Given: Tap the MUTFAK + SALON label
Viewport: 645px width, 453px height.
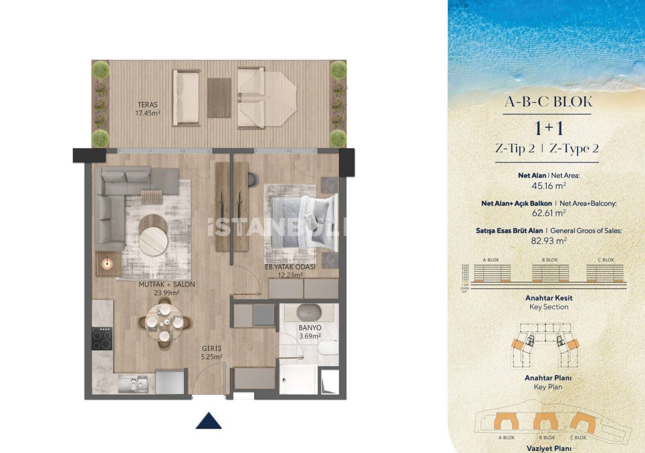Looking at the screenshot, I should coord(159,288).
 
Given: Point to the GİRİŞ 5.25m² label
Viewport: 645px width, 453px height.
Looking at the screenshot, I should coord(212,352).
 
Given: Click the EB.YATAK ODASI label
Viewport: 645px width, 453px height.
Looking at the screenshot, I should coord(290,271).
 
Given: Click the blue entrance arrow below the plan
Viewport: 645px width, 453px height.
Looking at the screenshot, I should coord(209,420).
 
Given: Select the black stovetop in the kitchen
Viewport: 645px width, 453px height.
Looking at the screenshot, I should coord(102,338).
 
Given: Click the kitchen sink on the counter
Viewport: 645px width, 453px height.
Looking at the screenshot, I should coord(133,384).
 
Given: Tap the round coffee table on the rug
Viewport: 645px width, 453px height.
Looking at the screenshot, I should coord(153,241).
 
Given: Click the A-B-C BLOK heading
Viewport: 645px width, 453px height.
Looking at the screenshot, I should coord(548,101).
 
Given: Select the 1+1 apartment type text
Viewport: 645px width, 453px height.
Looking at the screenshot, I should coord(549,128).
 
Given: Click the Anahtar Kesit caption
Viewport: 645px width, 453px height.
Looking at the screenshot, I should coord(549,298).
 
